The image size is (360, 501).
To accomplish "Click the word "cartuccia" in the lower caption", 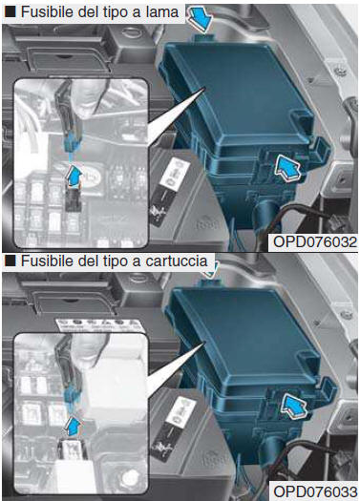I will [x=174, y=261].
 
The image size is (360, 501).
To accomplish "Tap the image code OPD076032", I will [x=314, y=242].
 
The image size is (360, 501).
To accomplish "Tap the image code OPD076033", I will [x=314, y=491].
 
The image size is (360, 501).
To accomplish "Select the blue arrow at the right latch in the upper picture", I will [x=289, y=168].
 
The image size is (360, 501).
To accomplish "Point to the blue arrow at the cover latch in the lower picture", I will [x=293, y=409].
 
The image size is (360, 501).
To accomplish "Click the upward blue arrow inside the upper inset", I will [x=74, y=177].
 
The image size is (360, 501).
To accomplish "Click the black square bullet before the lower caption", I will [x=8, y=261].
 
